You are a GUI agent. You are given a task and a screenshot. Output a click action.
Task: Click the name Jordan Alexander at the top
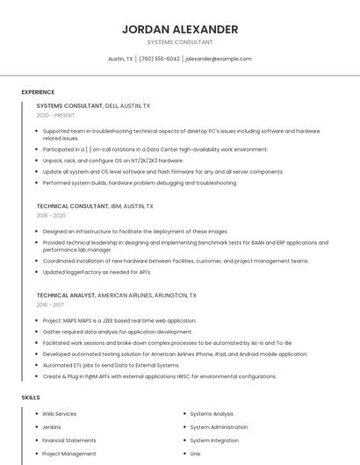pyautogui.click(x=180, y=29)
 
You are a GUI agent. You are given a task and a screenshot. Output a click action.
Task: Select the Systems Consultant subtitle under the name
pyautogui.click(x=180, y=42)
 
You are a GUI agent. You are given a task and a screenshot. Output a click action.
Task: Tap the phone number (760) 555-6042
pyautogui.click(x=159, y=59)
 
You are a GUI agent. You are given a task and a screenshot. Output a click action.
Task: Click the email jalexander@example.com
pyautogui.click(x=219, y=59)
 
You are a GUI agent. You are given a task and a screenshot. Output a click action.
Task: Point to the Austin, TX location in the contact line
pyautogui.click(x=120, y=59)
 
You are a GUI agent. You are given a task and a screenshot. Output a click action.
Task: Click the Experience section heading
pyautogui.click(x=38, y=92)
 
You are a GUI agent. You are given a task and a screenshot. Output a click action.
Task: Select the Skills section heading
pyautogui.click(x=31, y=397)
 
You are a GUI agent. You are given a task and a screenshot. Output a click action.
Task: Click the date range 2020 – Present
pyautogui.click(x=55, y=115)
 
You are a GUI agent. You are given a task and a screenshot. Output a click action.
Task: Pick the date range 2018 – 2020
pyautogui.click(x=51, y=215)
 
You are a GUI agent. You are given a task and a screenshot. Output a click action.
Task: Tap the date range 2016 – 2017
pyautogui.click(x=50, y=304)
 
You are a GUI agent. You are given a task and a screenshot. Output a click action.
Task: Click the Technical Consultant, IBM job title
pyautogui.click(x=95, y=206)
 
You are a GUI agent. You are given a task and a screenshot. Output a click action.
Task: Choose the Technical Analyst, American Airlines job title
pyautogui.click(x=117, y=296)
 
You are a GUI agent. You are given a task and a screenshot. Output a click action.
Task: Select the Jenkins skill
pyautogui.click(x=52, y=427)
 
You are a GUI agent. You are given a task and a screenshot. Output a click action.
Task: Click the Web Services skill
pyautogui.click(x=60, y=413)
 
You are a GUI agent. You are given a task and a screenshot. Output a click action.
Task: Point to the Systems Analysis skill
pyautogui.click(x=212, y=413)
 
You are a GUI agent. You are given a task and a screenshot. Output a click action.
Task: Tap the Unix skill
pyautogui.click(x=196, y=454)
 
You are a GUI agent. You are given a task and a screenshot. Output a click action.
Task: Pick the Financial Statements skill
pyautogui.click(x=69, y=440)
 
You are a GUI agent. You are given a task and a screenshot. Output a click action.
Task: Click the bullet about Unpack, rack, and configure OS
pyautogui.click(x=113, y=161)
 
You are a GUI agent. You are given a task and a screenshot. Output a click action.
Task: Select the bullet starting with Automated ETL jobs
pyautogui.click(x=111, y=365)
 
